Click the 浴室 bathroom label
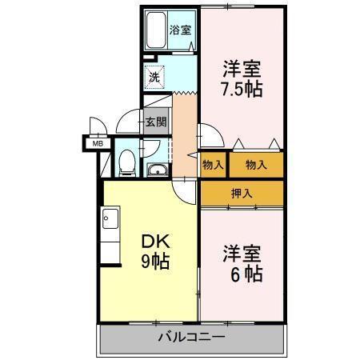click(181, 30)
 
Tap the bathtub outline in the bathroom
click(156, 31)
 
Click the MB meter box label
click(98, 144)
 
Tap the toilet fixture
click(126, 162)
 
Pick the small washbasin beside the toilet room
click(157, 169)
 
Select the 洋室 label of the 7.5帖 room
click(243, 68)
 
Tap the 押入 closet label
click(242, 192)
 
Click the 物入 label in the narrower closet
click(213, 165)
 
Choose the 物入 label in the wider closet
click(256, 165)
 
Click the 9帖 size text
click(154, 262)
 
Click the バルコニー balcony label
click(191, 338)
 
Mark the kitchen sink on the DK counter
click(110, 217)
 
